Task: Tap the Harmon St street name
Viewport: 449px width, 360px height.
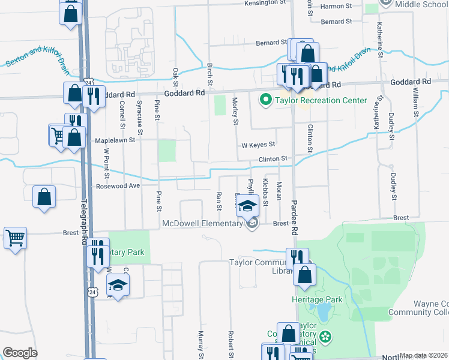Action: coord(336,6)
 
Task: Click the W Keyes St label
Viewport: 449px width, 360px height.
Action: coord(258,145)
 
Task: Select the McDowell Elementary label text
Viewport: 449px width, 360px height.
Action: coord(202,224)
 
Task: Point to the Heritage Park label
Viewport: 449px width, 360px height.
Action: coord(316,299)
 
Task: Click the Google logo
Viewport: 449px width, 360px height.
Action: coord(20,353)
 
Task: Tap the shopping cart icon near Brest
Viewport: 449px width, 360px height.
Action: coord(15,238)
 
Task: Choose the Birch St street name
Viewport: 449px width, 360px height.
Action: coord(209,73)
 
